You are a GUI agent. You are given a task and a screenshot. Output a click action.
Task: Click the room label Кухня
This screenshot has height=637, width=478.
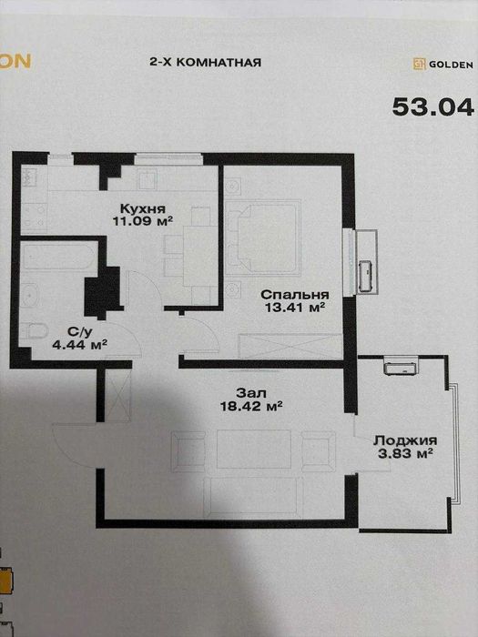tap(143, 208)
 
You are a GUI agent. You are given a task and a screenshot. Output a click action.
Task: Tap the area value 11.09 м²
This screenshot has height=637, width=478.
tap(143, 221)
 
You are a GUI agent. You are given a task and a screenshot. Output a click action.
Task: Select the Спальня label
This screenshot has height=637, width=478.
tap(295, 295)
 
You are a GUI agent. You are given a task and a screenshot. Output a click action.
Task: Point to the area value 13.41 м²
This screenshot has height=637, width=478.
tap(295, 308)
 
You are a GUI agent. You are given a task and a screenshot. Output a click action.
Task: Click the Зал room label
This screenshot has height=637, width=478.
tap(251, 393)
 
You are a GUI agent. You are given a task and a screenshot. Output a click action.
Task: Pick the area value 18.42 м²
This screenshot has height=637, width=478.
tap(251, 406)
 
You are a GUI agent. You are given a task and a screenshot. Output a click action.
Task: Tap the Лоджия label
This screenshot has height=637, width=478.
tap(405, 440)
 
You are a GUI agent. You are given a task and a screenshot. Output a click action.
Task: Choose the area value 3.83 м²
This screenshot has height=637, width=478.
tap(405, 453)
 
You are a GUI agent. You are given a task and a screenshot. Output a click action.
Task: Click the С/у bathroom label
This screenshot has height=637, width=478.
tap(80, 332)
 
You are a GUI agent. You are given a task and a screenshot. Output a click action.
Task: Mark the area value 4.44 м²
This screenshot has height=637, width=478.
tap(80, 345)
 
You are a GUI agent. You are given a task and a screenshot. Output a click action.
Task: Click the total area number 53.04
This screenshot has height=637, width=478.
tap(433, 107)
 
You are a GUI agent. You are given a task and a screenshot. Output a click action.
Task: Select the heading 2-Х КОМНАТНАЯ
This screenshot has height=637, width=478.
tap(205, 63)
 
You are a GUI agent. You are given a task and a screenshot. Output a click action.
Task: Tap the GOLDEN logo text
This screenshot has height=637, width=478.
tap(452, 65)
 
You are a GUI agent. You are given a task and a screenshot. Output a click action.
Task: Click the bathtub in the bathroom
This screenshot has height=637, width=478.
tap(59, 257)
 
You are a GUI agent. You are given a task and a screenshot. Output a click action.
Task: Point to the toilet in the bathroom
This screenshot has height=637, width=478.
tap(35, 330)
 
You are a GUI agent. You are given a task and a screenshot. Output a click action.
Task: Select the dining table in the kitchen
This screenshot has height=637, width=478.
tap(199, 256)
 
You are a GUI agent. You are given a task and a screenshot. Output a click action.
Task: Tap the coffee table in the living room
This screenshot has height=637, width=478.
tap(254, 449)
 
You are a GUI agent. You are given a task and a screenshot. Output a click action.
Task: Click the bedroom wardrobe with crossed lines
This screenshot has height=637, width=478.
tap(290, 346)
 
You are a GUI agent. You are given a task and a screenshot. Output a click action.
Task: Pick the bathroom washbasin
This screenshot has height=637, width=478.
tap(30, 296)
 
